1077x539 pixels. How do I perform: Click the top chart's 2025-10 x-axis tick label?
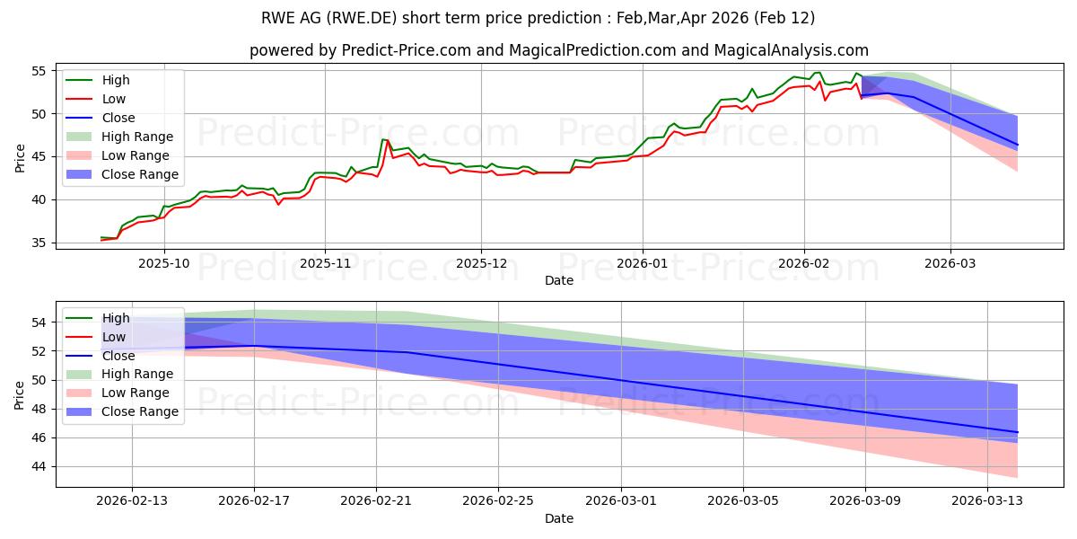(x=163, y=263)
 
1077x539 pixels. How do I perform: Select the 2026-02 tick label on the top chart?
(x=804, y=263)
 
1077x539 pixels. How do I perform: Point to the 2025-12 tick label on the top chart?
(x=481, y=263)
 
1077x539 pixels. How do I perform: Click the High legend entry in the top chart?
(x=116, y=80)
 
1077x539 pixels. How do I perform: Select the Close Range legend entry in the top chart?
(x=140, y=174)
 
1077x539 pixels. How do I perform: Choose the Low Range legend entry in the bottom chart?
(x=136, y=393)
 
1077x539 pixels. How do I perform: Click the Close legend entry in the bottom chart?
(x=118, y=355)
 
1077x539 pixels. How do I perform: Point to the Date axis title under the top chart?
(x=558, y=280)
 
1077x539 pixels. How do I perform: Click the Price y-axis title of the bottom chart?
(x=20, y=394)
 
